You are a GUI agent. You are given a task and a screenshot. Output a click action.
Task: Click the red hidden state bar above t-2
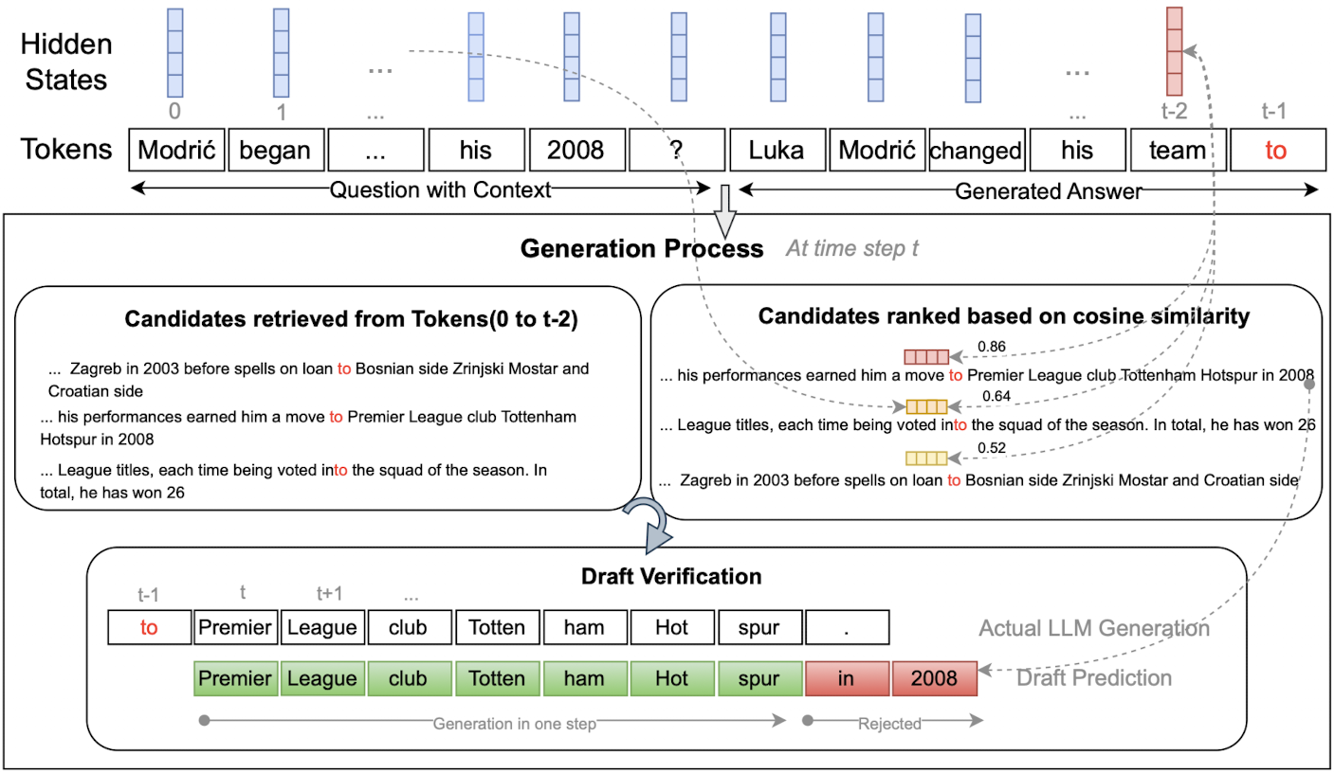[1174, 51]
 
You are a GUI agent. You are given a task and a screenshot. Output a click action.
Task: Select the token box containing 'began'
[276, 150]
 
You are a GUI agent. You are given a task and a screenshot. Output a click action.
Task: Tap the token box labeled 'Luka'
[777, 150]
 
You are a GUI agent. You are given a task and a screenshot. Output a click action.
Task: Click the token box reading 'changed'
[977, 150]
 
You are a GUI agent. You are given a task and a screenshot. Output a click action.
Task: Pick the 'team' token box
[1178, 150]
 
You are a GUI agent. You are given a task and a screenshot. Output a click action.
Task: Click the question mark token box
[677, 150]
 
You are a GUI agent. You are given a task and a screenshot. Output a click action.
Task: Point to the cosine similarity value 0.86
[992, 347]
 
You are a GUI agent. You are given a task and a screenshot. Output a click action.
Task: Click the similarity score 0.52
[992, 447]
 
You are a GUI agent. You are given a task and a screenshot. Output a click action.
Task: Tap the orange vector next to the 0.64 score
[926, 407]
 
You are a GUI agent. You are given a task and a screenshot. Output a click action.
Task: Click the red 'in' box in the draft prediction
[847, 678]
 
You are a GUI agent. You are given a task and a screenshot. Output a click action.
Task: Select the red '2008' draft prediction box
[935, 678]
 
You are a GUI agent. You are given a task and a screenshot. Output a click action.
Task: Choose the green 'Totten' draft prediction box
[497, 678]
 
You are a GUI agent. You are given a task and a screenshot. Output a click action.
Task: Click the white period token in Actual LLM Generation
[847, 627]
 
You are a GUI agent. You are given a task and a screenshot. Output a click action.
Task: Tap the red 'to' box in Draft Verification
[150, 627]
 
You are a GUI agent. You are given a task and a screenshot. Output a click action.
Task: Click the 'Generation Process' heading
[641, 249]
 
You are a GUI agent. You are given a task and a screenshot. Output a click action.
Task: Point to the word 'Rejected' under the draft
[889, 724]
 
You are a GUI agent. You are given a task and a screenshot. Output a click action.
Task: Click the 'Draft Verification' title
[671, 576]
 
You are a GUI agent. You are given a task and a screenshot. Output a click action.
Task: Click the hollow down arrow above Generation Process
[724, 211]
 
